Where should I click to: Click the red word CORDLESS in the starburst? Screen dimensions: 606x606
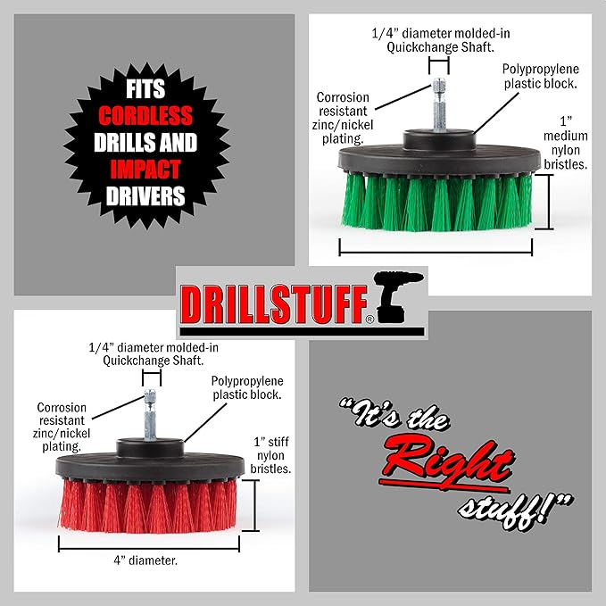[x=145, y=115]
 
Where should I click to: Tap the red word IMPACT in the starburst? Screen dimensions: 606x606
[x=145, y=170]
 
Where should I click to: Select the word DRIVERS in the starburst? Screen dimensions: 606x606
[x=145, y=196]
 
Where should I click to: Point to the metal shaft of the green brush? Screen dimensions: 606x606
[x=439, y=104]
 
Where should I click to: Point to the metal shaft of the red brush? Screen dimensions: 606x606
[x=150, y=414]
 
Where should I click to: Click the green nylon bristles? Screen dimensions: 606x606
[x=437, y=202]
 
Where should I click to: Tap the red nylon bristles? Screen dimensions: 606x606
[x=148, y=505]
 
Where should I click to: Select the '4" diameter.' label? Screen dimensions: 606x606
[x=145, y=560]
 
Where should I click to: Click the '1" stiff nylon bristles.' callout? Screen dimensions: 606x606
[x=271, y=455]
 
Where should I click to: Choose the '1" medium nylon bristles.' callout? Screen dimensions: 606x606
[x=566, y=143]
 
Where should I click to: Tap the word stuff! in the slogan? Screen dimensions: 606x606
[x=516, y=511]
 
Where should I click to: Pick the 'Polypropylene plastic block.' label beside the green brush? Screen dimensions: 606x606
[x=540, y=76]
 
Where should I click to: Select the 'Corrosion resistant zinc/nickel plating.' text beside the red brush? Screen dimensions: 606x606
[x=62, y=427]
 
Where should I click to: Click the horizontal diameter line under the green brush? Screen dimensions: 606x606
[x=436, y=253]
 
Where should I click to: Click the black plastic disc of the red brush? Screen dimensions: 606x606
[x=150, y=465]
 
